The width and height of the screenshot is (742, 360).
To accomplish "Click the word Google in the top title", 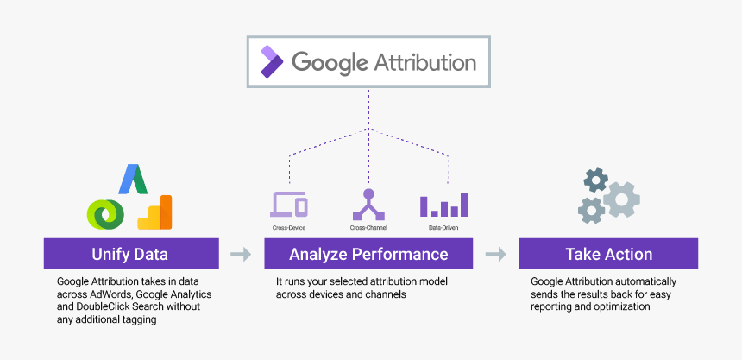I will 331,62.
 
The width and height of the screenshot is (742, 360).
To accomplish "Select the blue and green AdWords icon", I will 133,179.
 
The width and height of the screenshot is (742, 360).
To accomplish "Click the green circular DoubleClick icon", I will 106,212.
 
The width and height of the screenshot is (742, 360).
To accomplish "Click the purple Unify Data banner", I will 129,255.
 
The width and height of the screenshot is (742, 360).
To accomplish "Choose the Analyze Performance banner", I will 368,255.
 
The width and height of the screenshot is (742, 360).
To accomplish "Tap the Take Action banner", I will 608,255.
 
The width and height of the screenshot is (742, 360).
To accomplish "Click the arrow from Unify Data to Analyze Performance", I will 241,255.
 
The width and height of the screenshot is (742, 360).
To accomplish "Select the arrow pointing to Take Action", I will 495,255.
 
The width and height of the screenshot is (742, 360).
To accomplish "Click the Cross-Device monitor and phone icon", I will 289,205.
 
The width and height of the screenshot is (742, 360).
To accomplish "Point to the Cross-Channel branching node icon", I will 368,204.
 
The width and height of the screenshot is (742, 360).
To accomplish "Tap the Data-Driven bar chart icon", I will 443,205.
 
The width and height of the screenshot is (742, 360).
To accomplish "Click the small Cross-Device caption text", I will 289,228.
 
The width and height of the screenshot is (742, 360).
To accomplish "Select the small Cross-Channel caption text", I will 368,228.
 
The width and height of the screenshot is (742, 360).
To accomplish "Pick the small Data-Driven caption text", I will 443,228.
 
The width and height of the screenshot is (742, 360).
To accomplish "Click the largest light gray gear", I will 621,199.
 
